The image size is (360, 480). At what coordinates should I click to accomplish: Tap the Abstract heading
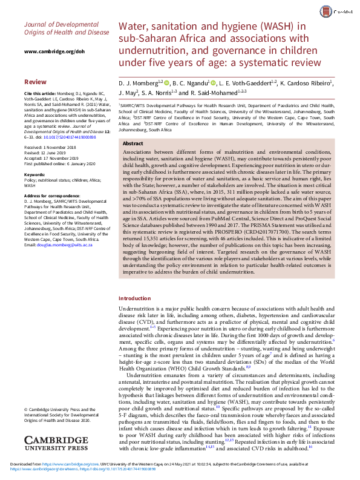(x=133, y=143)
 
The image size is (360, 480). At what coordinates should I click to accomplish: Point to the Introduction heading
(x=135, y=299)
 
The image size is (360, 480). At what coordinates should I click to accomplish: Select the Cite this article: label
(x=41, y=94)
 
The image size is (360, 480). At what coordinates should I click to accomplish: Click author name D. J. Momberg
(x=137, y=82)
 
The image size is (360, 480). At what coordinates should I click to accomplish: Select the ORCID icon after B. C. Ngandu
(x=213, y=82)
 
